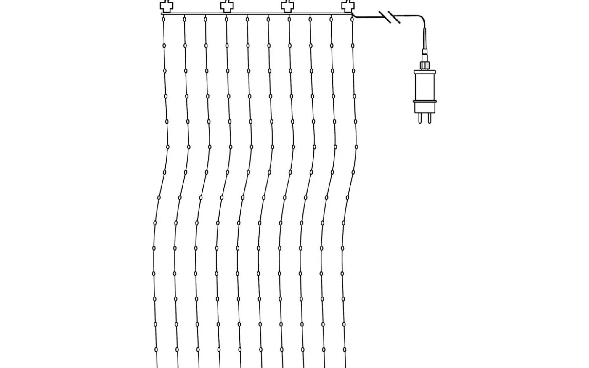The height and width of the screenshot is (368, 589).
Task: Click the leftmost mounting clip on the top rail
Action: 167,6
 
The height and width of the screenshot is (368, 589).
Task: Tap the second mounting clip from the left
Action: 227,6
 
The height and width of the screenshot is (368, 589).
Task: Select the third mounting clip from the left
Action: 287,6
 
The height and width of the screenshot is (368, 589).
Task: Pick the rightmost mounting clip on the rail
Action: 348,6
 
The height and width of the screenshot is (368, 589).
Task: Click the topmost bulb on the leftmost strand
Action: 163,19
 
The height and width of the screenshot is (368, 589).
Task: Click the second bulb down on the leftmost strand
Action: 164,45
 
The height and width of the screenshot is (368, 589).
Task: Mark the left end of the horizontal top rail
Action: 162,14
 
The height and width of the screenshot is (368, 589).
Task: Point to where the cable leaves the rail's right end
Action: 353,15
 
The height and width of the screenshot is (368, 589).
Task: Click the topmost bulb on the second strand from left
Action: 184,19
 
